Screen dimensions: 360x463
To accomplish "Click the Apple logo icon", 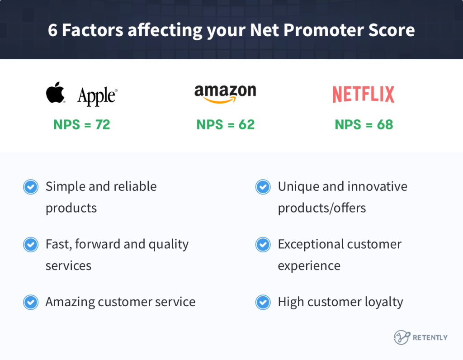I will coord(56,93).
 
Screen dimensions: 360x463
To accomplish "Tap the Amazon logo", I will coord(225,94).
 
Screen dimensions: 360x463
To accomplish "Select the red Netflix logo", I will coord(364,94).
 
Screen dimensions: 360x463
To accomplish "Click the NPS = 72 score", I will coord(82,124).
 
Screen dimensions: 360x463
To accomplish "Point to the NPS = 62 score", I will coord(226,124).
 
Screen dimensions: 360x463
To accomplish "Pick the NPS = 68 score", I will coord(364,124).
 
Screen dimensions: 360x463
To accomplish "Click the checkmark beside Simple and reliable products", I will coord(31,187).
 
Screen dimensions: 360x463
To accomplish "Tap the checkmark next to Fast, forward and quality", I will coord(31,245).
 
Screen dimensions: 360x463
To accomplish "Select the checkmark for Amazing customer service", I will coord(31,302).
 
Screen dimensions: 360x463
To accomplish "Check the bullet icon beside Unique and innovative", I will coord(263,187).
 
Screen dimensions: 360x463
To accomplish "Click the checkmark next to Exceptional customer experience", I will coord(263,245).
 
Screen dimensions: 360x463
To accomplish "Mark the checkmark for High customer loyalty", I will coord(263,302).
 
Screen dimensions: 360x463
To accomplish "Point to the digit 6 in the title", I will coord(52,30).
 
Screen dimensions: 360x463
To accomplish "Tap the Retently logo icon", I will coord(401,337).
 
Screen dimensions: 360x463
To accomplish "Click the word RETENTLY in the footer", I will coord(430,337).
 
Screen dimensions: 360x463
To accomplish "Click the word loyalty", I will coord(383,302).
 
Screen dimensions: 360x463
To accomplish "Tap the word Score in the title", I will coord(392,30).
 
